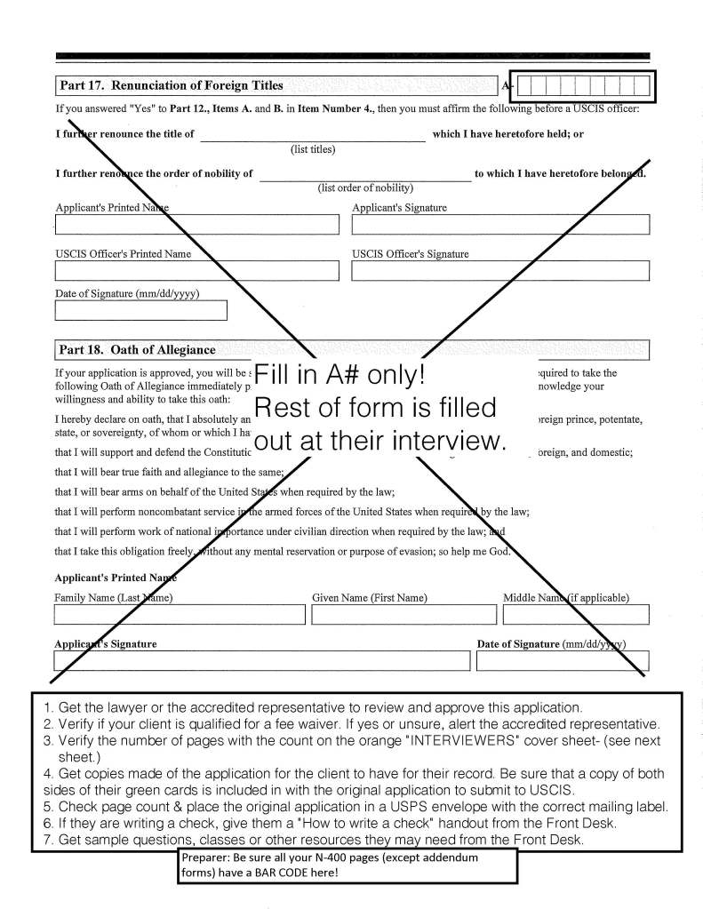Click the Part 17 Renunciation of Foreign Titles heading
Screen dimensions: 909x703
[171, 86]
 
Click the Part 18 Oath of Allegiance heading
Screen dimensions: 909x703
[137, 350]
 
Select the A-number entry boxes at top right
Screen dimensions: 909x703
[584, 87]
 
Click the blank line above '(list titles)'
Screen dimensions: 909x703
[313, 136]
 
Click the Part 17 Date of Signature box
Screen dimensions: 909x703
[141, 310]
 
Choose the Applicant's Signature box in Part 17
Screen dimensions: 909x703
[499, 224]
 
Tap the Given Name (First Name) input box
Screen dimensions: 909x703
[403, 615]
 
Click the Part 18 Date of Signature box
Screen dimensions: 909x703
[563, 661]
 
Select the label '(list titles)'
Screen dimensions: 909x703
[313, 149]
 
